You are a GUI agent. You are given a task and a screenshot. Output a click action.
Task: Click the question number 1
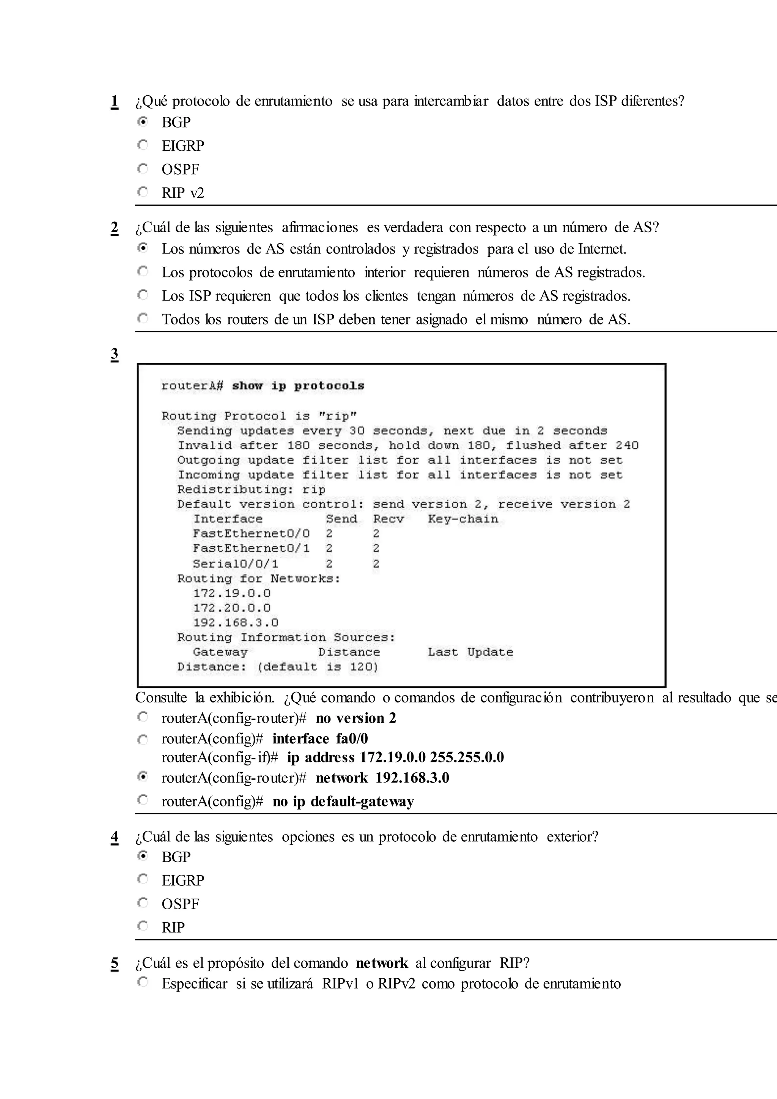(x=114, y=101)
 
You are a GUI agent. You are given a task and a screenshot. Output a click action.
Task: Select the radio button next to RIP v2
(x=143, y=192)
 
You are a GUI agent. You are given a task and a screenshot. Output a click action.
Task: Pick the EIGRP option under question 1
(x=183, y=145)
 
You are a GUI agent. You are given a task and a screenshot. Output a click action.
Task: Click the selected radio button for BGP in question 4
(x=143, y=855)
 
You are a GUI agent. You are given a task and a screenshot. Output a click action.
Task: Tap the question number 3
(x=114, y=354)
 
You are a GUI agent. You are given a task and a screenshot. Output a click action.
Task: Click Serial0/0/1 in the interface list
(x=235, y=564)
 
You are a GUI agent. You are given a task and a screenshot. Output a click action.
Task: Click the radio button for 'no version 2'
(x=143, y=717)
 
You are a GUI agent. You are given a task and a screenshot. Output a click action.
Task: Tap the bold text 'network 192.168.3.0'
(x=382, y=778)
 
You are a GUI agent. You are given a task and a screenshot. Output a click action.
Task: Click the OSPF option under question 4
(x=180, y=904)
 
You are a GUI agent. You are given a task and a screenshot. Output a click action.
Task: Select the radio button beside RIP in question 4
(x=143, y=926)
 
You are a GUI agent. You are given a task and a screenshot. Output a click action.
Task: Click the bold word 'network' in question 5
(x=381, y=963)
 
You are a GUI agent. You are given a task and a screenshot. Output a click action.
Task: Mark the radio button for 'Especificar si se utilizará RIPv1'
(x=143, y=982)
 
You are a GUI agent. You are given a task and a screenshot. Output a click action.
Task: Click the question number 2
(x=114, y=228)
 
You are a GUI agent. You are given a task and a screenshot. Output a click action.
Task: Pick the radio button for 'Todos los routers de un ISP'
(x=143, y=318)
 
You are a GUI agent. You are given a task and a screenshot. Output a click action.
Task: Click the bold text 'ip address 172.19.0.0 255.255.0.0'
(x=395, y=757)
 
